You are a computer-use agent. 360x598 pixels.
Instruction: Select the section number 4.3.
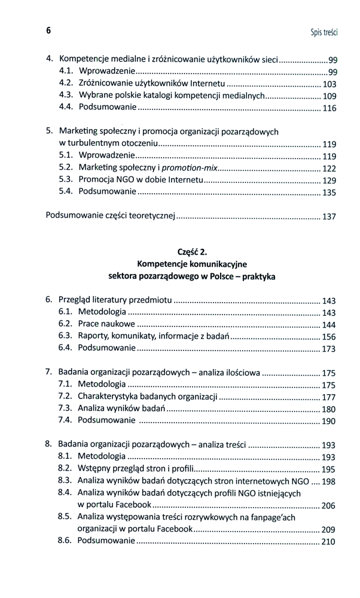66,94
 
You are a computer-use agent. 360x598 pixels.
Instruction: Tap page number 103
330,84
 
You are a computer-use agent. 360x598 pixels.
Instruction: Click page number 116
330,109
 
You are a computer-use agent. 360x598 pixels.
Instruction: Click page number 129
329,181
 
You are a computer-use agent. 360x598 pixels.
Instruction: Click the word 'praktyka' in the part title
258,277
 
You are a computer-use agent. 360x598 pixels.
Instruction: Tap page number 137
329,217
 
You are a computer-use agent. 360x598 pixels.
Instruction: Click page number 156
329,337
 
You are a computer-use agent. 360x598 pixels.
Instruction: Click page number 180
328,410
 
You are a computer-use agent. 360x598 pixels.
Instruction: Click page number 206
328,506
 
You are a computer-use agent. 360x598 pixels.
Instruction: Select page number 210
328,542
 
